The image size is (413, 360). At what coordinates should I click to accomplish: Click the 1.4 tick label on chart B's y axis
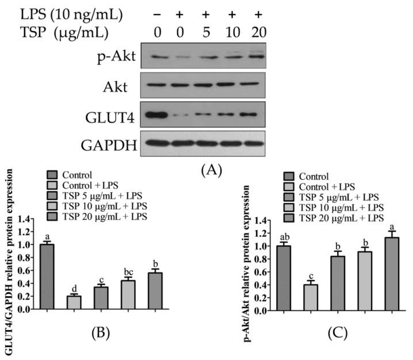click(26, 220)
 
